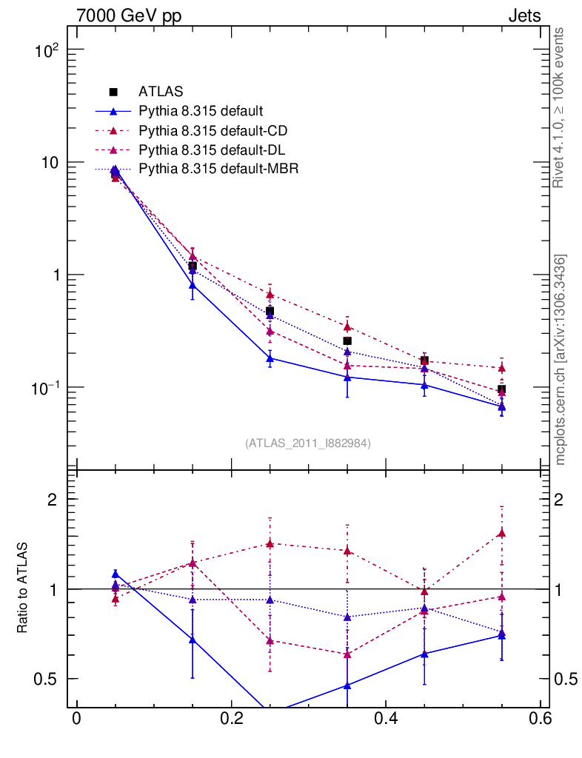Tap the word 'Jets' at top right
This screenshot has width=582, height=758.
(x=524, y=16)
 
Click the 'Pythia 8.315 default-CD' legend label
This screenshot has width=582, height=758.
(x=213, y=131)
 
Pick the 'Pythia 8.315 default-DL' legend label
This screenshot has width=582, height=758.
(x=212, y=150)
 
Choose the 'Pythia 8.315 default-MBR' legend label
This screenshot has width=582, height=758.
(x=218, y=170)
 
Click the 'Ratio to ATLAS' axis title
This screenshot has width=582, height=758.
(x=23, y=588)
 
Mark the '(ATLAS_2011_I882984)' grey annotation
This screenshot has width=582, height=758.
(x=308, y=443)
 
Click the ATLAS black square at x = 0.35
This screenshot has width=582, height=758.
(x=347, y=341)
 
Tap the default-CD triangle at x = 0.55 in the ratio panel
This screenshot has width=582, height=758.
(x=502, y=533)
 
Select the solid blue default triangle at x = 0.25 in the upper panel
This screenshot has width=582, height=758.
(x=270, y=358)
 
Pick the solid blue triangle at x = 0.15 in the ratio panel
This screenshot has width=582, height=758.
(x=193, y=640)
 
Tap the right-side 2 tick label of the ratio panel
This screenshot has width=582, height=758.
(x=561, y=499)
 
